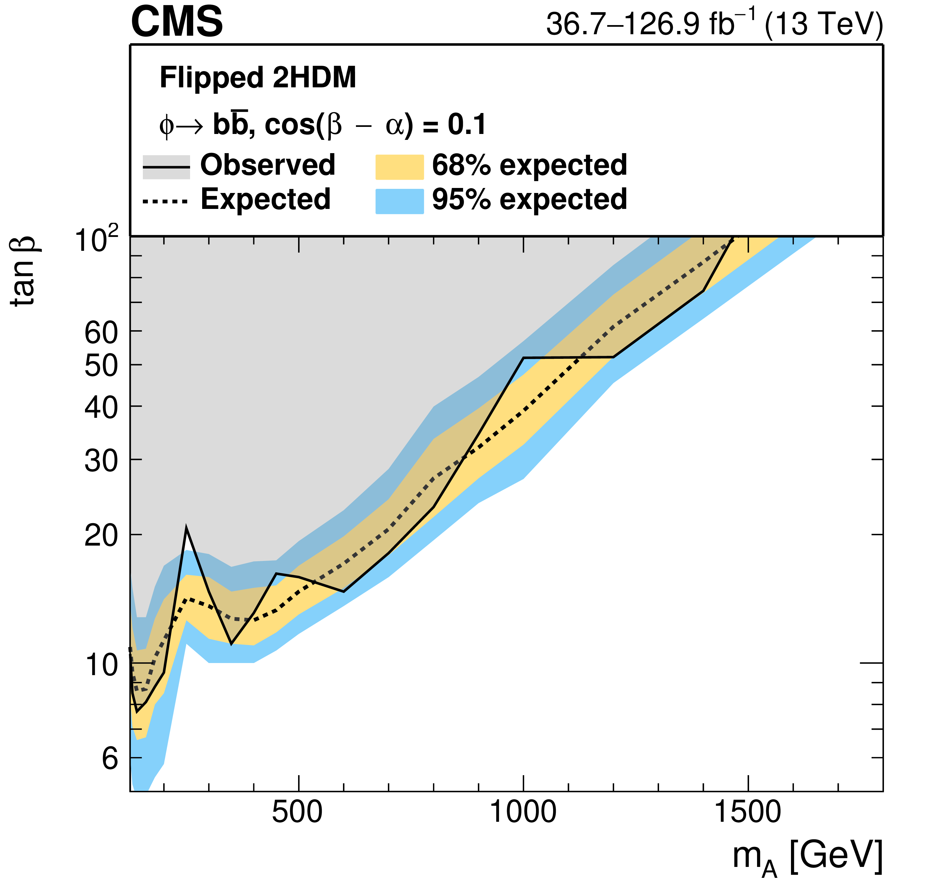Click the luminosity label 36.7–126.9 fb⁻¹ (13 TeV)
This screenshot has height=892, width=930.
pyautogui.click(x=714, y=24)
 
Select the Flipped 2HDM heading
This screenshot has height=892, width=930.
pyautogui.click(x=258, y=77)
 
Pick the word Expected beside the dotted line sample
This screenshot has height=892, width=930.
pyautogui.click(x=266, y=199)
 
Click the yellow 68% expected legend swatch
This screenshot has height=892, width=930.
pyautogui.click(x=400, y=167)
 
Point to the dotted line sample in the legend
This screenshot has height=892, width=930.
pyautogui.click(x=166, y=202)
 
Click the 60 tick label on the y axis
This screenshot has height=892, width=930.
pyautogui.click(x=101, y=333)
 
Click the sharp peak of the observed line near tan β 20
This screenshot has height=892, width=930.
pyautogui.click(x=187, y=528)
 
